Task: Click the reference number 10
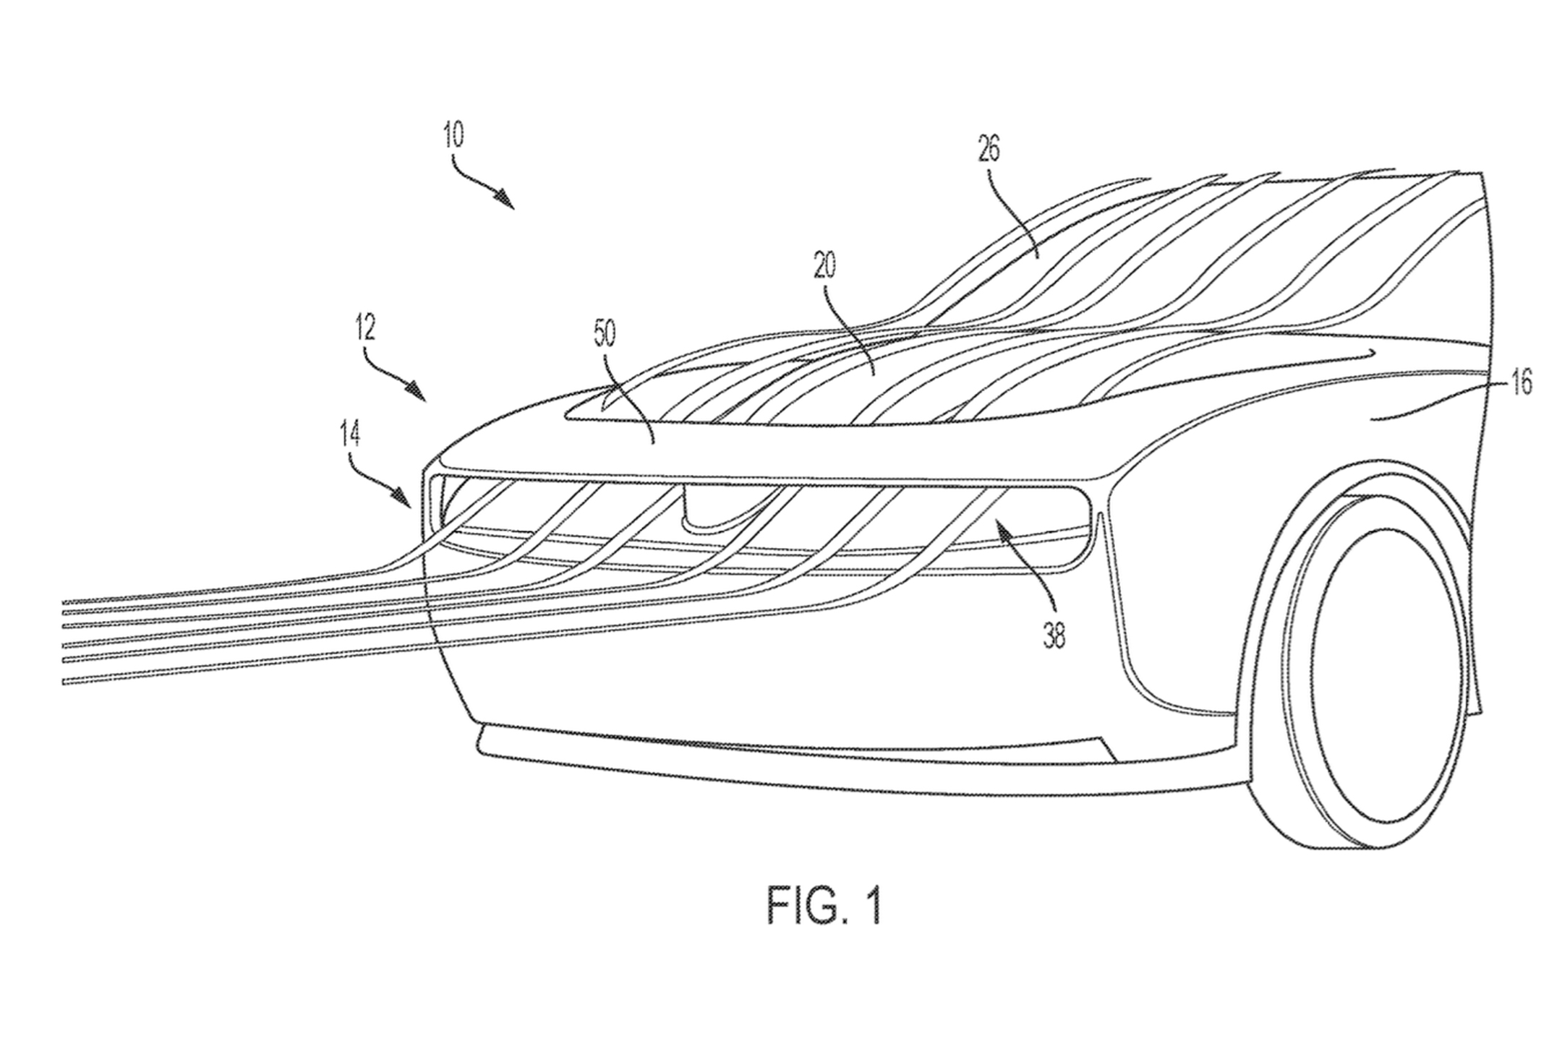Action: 454,135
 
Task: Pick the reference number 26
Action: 989,150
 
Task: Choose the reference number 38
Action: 1054,635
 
